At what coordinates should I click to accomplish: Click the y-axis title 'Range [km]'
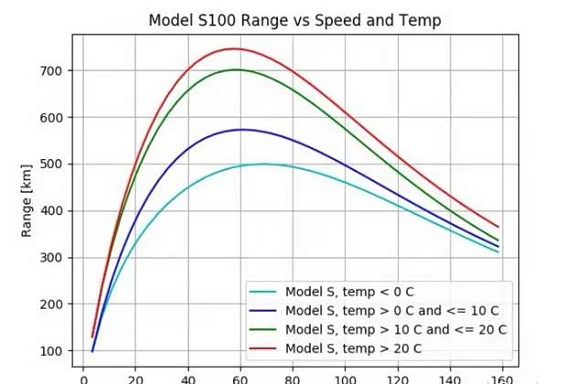28,202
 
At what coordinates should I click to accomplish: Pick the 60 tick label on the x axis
240,376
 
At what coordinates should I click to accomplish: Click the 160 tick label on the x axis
502,376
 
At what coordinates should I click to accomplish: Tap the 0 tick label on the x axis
84,376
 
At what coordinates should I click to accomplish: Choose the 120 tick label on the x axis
398,376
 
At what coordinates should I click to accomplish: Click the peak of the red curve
234,48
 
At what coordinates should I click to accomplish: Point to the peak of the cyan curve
263,165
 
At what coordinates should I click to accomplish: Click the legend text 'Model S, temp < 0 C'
350,292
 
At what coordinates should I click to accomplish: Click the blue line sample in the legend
263,310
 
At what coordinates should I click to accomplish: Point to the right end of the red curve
498,226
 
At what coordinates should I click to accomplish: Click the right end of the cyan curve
498,251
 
